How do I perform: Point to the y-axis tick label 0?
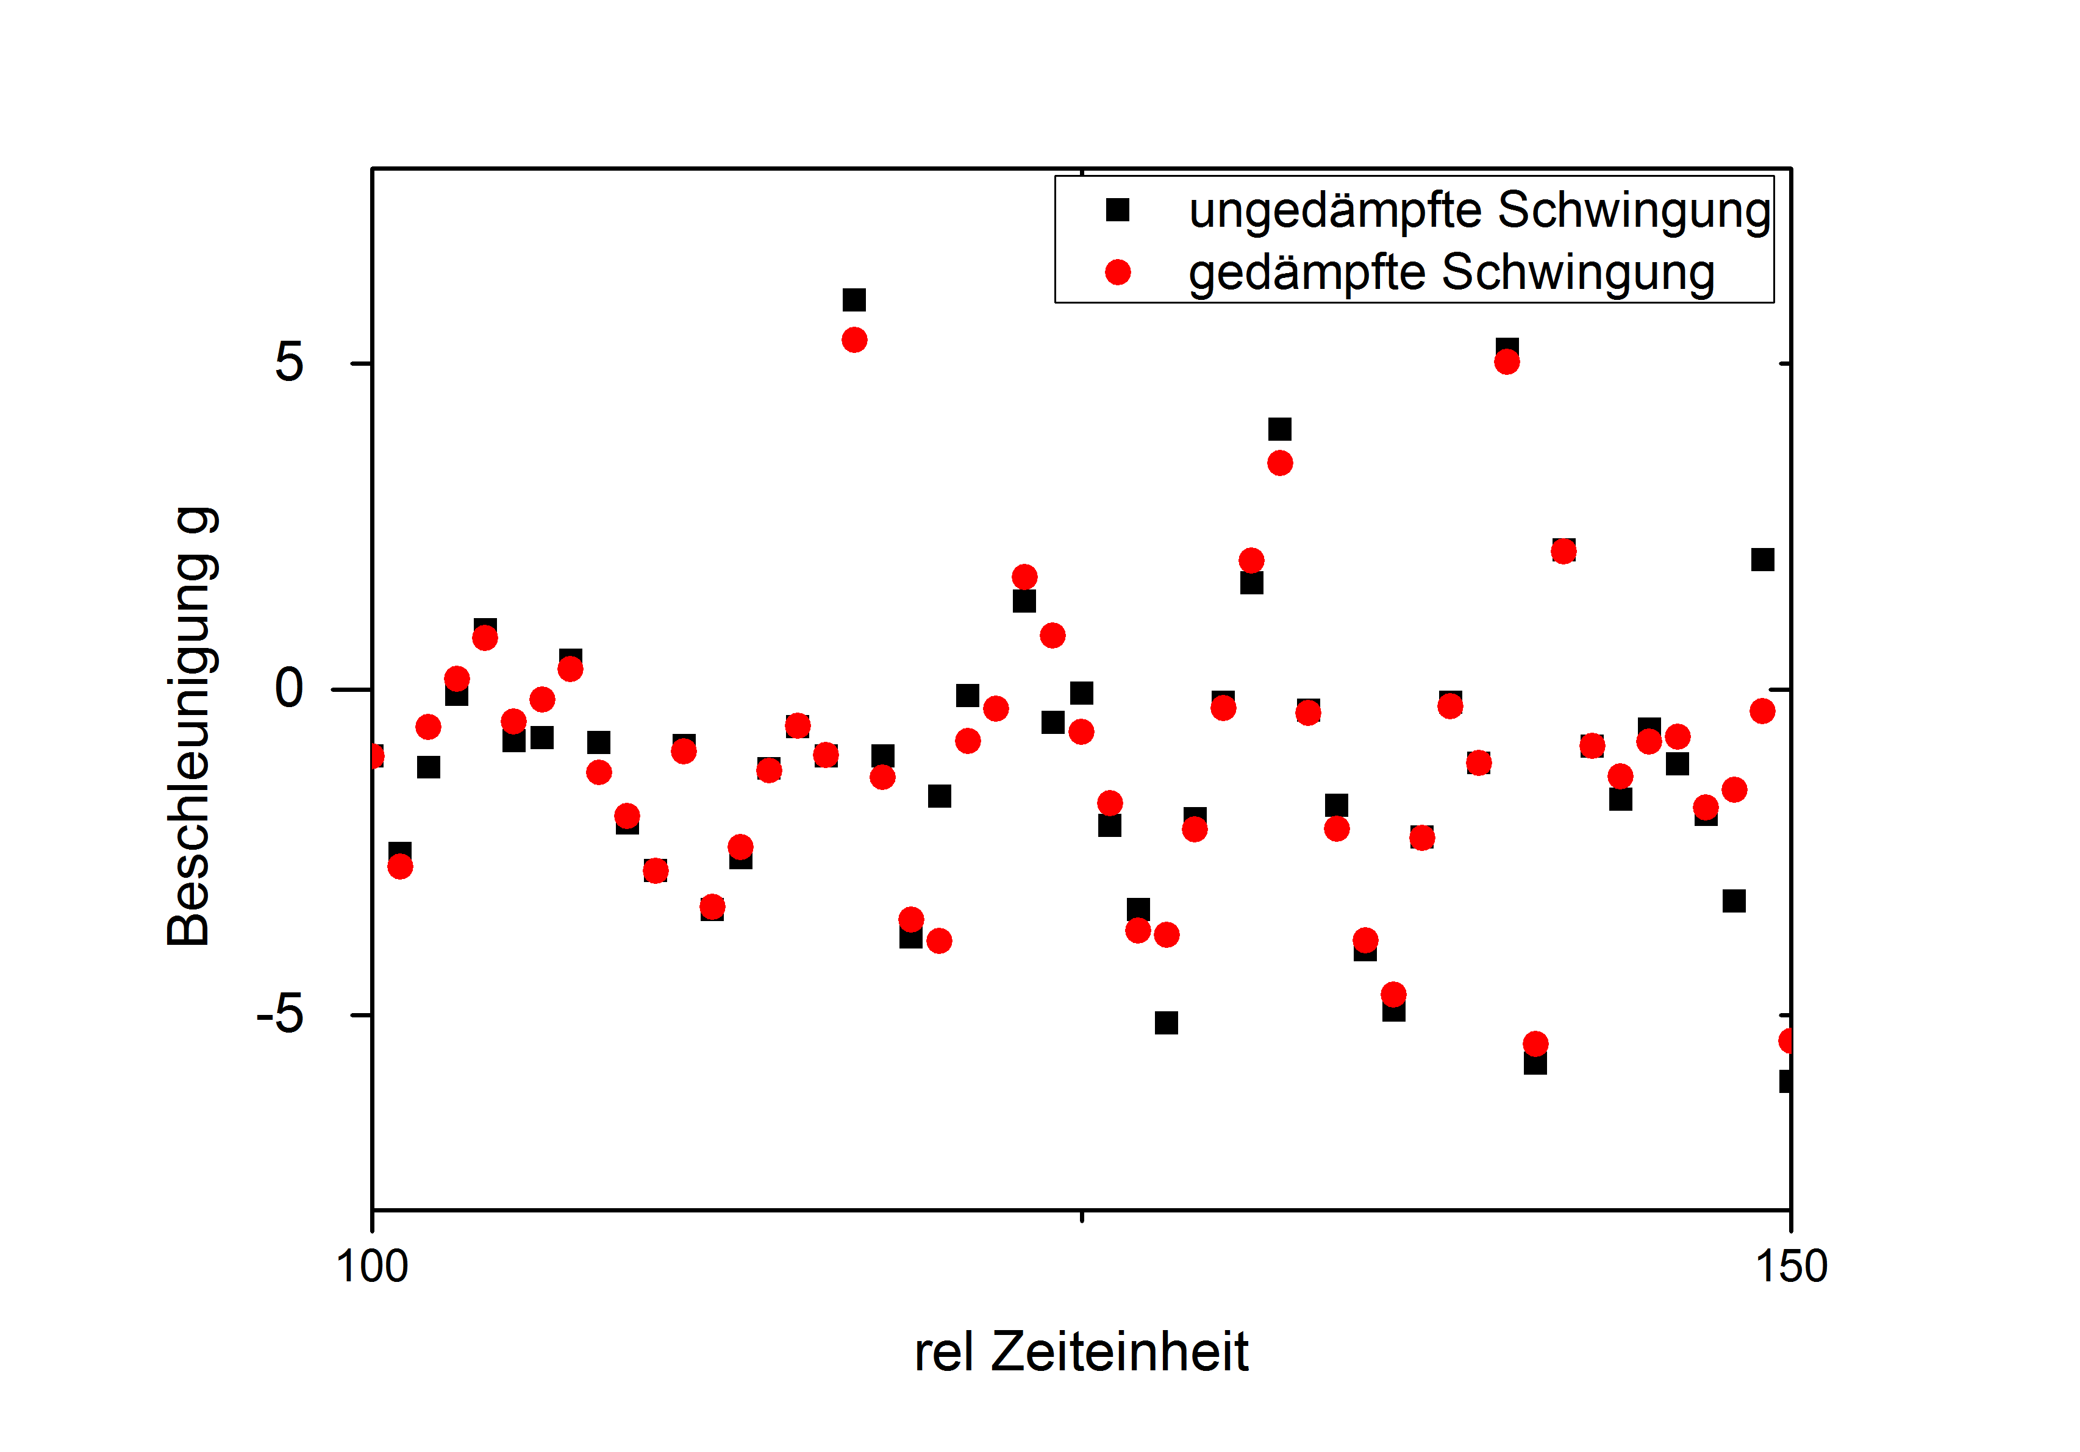pyautogui.click(x=289, y=688)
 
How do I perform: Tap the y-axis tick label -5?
pyautogui.click(x=280, y=1014)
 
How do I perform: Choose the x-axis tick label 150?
pyautogui.click(x=1791, y=1266)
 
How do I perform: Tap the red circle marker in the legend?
pyautogui.click(x=1117, y=272)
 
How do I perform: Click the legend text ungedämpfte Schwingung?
pyautogui.click(x=1479, y=211)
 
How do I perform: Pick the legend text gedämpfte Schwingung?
pyautogui.click(x=1451, y=272)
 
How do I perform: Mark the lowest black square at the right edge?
pyautogui.click(x=1785, y=1081)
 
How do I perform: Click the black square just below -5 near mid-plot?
pyautogui.click(x=1166, y=1023)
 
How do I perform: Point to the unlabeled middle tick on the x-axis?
pyautogui.click(x=1082, y=1215)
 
